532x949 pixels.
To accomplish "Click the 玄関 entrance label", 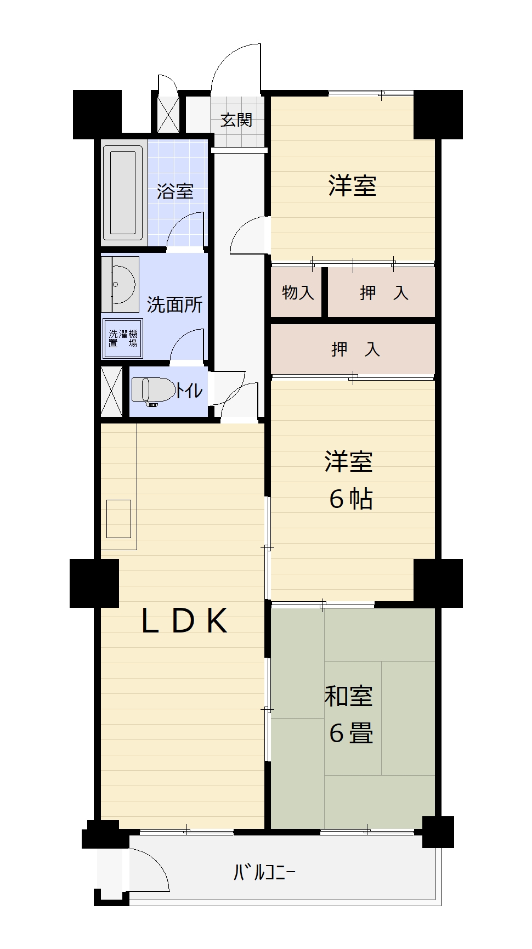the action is pyautogui.click(x=236, y=120).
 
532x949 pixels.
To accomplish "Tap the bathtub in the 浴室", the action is pyautogui.click(x=123, y=193).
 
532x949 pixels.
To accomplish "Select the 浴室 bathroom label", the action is pyautogui.click(x=175, y=191).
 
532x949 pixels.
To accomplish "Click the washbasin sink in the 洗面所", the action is pyautogui.click(x=121, y=284).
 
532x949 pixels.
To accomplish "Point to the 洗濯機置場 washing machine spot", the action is pyautogui.click(x=122, y=338).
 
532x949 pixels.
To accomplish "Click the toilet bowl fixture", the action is pyautogui.click(x=154, y=391).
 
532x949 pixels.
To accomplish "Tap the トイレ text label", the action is pyautogui.click(x=189, y=391).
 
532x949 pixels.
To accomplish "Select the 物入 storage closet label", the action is pyautogui.click(x=298, y=292).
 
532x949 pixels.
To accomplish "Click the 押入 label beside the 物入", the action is pyautogui.click(x=384, y=292).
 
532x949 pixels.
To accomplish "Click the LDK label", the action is pyautogui.click(x=184, y=621).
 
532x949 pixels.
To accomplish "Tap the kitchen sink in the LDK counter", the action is pyautogui.click(x=118, y=518).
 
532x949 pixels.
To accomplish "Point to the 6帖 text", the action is pyautogui.click(x=351, y=499).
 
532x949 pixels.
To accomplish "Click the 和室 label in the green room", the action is pyautogui.click(x=349, y=696).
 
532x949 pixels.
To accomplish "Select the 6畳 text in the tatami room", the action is pyautogui.click(x=351, y=733).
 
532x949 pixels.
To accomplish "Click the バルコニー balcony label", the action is pyautogui.click(x=265, y=872).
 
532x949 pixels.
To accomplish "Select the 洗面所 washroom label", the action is pyautogui.click(x=174, y=304).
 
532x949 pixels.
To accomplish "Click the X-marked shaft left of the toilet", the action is pyautogui.click(x=112, y=391).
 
